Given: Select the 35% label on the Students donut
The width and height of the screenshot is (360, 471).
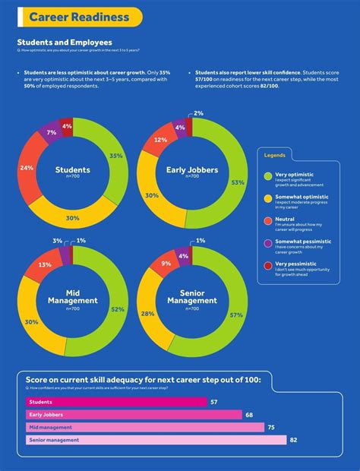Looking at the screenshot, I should pyautogui.click(x=115, y=156).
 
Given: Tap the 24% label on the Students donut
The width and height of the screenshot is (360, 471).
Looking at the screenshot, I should pyautogui.click(x=27, y=167).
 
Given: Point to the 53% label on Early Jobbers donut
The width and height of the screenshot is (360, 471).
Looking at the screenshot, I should pyautogui.click(x=238, y=182).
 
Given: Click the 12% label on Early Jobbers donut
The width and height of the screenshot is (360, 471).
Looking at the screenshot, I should pyautogui.click(x=160, y=141).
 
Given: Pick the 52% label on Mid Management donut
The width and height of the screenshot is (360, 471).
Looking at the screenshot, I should pyautogui.click(x=118, y=310).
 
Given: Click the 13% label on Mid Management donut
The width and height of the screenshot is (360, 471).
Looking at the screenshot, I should pyautogui.click(x=45, y=265).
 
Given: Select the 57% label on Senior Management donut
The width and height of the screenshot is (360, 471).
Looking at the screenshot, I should pyautogui.click(x=235, y=315).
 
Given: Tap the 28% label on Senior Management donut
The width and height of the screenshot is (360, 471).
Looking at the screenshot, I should pyautogui.click(x=148, y=313).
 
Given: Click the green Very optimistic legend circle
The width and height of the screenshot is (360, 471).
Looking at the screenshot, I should pyautogui.click(x=267, y=175).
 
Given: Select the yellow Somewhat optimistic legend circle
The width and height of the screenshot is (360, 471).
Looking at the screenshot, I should pyautogui.click(x=267, y=198).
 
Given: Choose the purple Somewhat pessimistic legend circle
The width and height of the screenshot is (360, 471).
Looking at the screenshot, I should pyautogui.click(x=267, y=243).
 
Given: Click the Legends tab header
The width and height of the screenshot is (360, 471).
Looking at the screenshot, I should pyautogui.click(x=275, y=154).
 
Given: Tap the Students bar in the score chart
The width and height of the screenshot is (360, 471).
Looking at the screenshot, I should pyautogui.click(x=114, y=402).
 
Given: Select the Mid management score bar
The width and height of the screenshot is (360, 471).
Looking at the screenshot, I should pyautogui.click(x=145, y=427).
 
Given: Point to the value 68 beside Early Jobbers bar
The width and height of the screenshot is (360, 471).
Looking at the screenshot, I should pyautogui.click(x=249, y=415).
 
